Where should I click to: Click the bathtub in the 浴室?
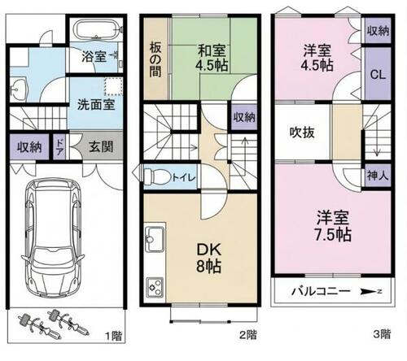[96, 30]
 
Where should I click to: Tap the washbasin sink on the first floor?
[18, 89]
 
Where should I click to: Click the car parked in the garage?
[53, 238]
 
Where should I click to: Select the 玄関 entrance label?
[101, 147]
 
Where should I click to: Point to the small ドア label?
[59, 147]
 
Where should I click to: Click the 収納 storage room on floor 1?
[29, 147]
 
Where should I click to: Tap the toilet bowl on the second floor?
[157, 177]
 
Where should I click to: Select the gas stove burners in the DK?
[155, 288]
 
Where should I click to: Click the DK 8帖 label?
[208, 258]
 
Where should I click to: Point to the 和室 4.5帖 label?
[212, 58]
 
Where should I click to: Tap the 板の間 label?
[155, 59]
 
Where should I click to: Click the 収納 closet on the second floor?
[244, 118]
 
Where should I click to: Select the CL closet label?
[378, 74]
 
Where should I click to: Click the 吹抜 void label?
[302, 133]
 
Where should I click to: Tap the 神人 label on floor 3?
[378, 176]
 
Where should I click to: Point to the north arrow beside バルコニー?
[371, 292]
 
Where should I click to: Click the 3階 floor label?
[382, 334]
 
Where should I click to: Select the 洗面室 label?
[96, 105]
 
